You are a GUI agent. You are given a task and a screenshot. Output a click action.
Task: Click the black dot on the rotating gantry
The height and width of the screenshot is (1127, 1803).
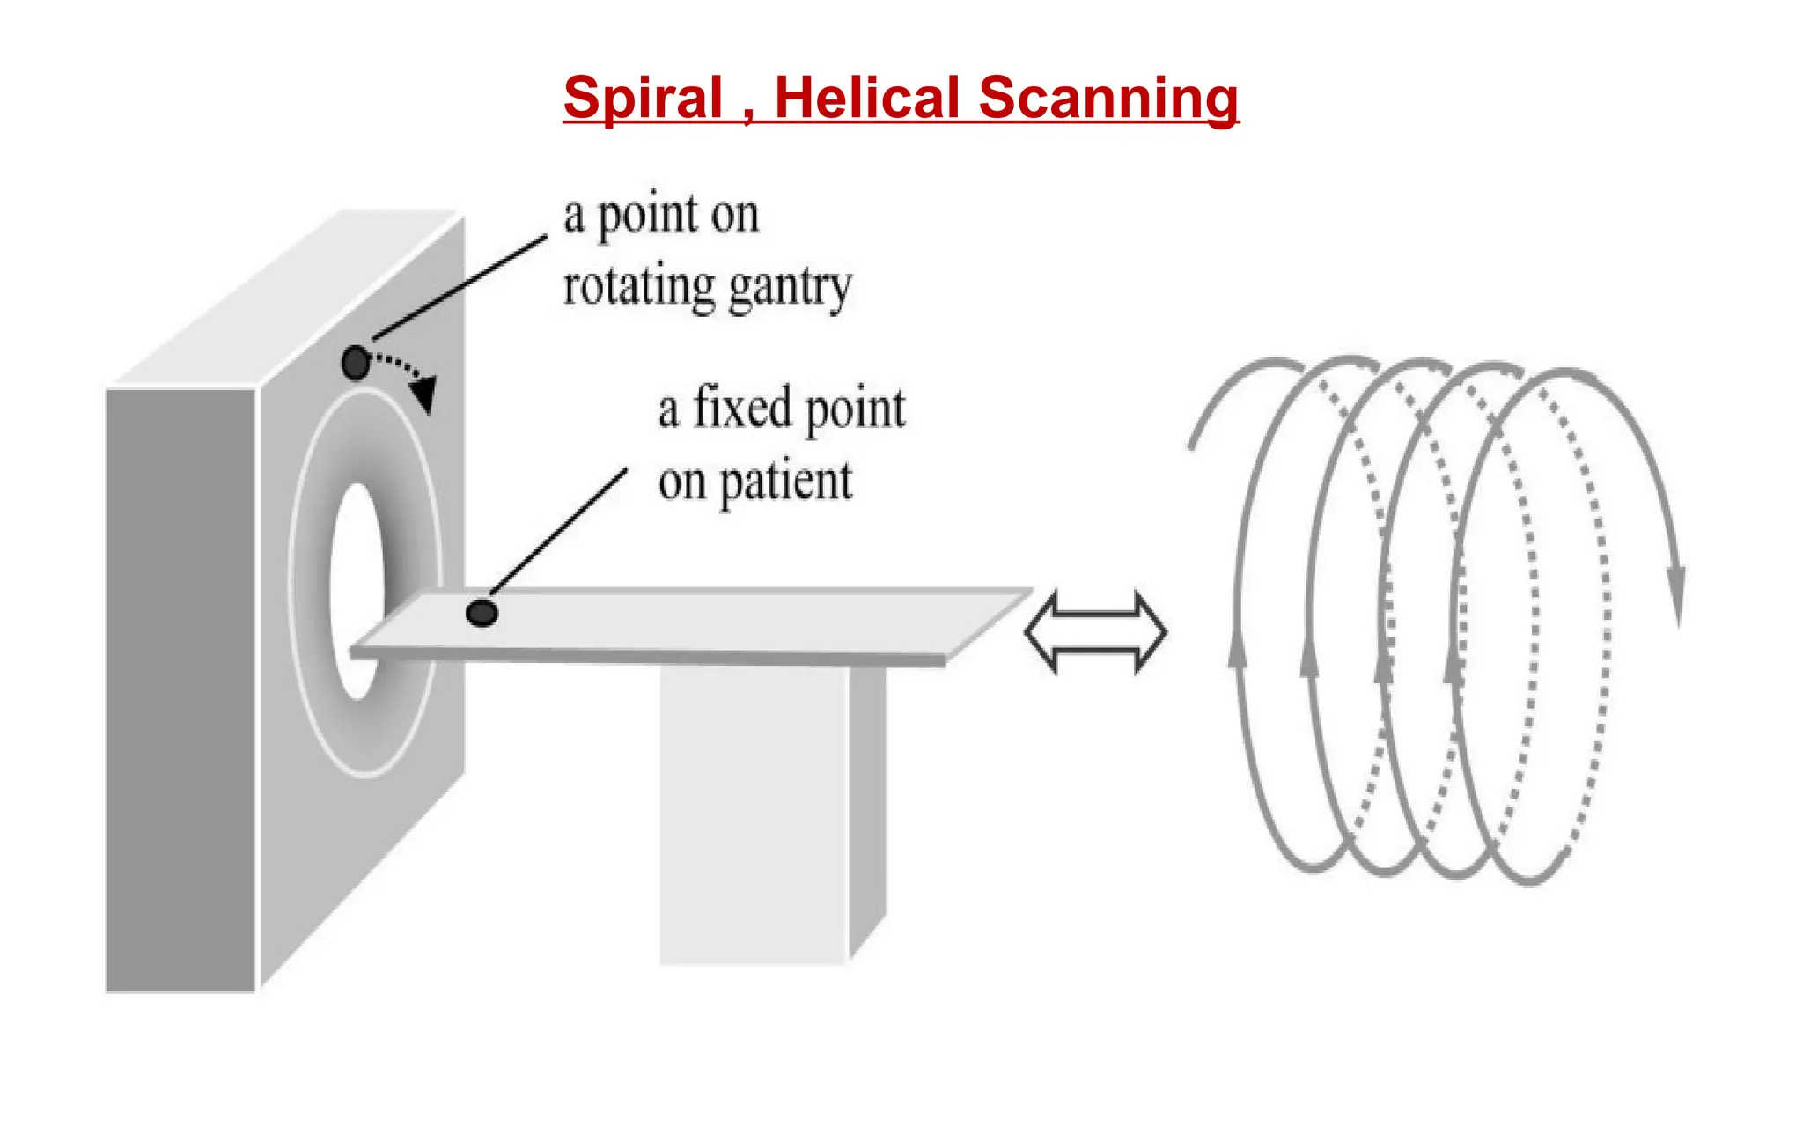point(356,363)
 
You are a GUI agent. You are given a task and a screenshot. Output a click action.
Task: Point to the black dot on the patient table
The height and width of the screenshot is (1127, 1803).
point(482,613)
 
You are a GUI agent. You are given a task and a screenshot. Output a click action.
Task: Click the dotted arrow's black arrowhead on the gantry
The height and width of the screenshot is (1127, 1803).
point(424,394)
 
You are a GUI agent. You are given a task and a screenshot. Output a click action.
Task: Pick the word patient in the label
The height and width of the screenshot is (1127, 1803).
point(785,482)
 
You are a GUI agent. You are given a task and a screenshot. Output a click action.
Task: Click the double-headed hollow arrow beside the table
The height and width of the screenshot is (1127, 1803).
point(1095,632)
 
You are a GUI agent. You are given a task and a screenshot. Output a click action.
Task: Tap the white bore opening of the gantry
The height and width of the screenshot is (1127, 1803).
point(357,590)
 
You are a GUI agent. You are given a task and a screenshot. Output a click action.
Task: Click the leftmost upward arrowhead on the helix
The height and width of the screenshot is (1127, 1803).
point(1238,653)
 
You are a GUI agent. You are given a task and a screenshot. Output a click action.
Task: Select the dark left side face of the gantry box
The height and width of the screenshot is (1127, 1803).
point(180,687)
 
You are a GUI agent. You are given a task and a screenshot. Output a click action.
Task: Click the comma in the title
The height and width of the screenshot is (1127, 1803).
point(748,114)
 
